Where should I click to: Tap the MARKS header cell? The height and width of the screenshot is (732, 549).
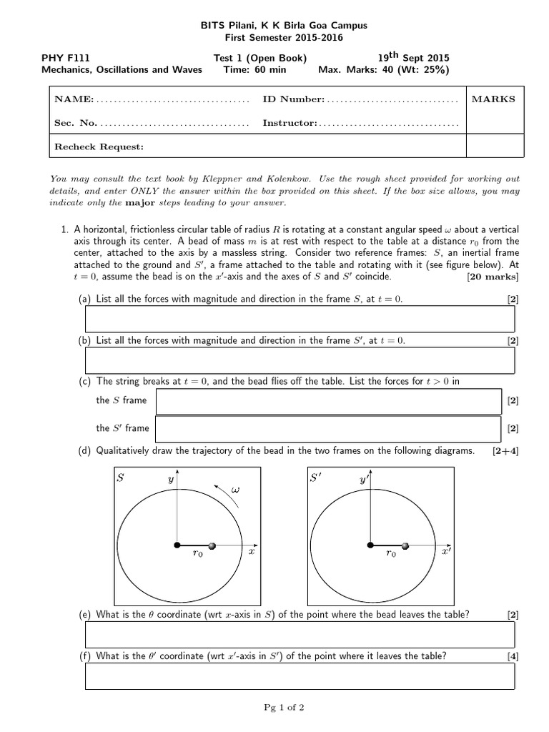coord(493,99)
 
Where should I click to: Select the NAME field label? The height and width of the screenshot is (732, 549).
coord(74,99)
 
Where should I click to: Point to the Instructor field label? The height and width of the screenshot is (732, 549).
coord(290,123)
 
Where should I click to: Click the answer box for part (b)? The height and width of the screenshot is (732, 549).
coord(300,360)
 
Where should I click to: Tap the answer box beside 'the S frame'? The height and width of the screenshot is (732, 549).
coord(327,401)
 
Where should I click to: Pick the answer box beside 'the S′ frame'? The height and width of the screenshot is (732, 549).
coord(327,428)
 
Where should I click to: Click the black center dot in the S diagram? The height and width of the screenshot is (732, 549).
coord(177,546)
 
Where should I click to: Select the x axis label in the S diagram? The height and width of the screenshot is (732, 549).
coord(251,553)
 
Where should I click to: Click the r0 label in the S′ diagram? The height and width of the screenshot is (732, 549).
coord(390,553)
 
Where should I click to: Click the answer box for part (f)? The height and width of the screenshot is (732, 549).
coord(300,676)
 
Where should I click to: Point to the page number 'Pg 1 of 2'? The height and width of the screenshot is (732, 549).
coord(284,708)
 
